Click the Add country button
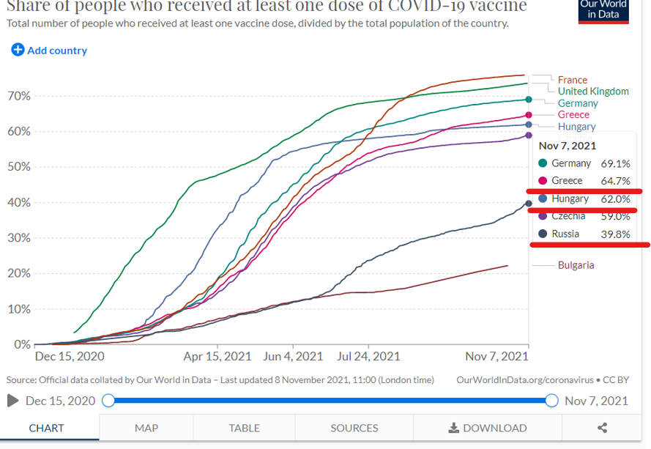click(x=49, y=51)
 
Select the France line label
click(x=572, y=80)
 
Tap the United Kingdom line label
click(x=592, y=92)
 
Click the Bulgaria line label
click(x=576, y=265)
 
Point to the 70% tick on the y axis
click(x=19, y=97)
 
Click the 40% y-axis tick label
click(x=19, y=203)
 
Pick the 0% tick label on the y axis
click(x=22, y=344)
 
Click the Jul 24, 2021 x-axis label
click(x=368, y=357)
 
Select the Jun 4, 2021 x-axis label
click(x=293, y=357)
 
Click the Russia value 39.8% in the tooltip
click(x=615, y=234)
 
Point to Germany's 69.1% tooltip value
click(x=615, y=163)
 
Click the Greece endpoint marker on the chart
click(x=528, y=115)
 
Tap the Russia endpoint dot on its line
click(x=528, y=204)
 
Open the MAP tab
click(x=146, y=428)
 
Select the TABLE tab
click(x=244, y=428)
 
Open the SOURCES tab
click(x=354, y=428)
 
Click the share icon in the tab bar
click(x=602, y=428)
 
